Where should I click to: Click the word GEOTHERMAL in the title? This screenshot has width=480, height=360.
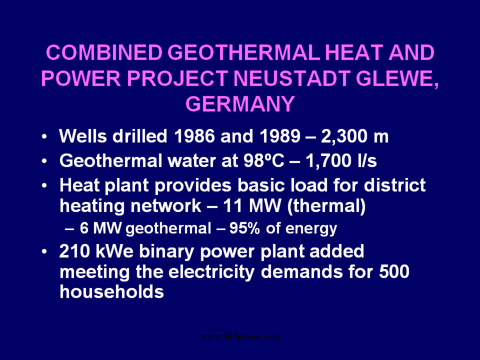(244, 52)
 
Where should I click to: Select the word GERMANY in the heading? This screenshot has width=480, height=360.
(240, 104)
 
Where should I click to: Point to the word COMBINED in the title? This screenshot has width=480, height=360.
(104, 52)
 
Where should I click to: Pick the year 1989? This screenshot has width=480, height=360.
(280, 135)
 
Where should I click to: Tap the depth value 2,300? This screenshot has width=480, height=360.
(344, 136)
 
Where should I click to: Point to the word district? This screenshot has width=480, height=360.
(394, 185)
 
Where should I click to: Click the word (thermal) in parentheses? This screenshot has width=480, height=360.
(326, 206)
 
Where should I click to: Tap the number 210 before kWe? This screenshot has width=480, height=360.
(74, 251)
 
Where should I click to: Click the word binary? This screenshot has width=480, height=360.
(166, 252)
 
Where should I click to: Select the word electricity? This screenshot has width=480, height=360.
(211, 272)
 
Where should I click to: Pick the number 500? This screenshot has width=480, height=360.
(394, 271)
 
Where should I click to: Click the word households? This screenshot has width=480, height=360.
(111, 291)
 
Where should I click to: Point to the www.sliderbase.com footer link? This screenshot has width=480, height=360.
(240, 336)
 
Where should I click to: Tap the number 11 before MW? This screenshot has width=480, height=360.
(232, 205)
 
